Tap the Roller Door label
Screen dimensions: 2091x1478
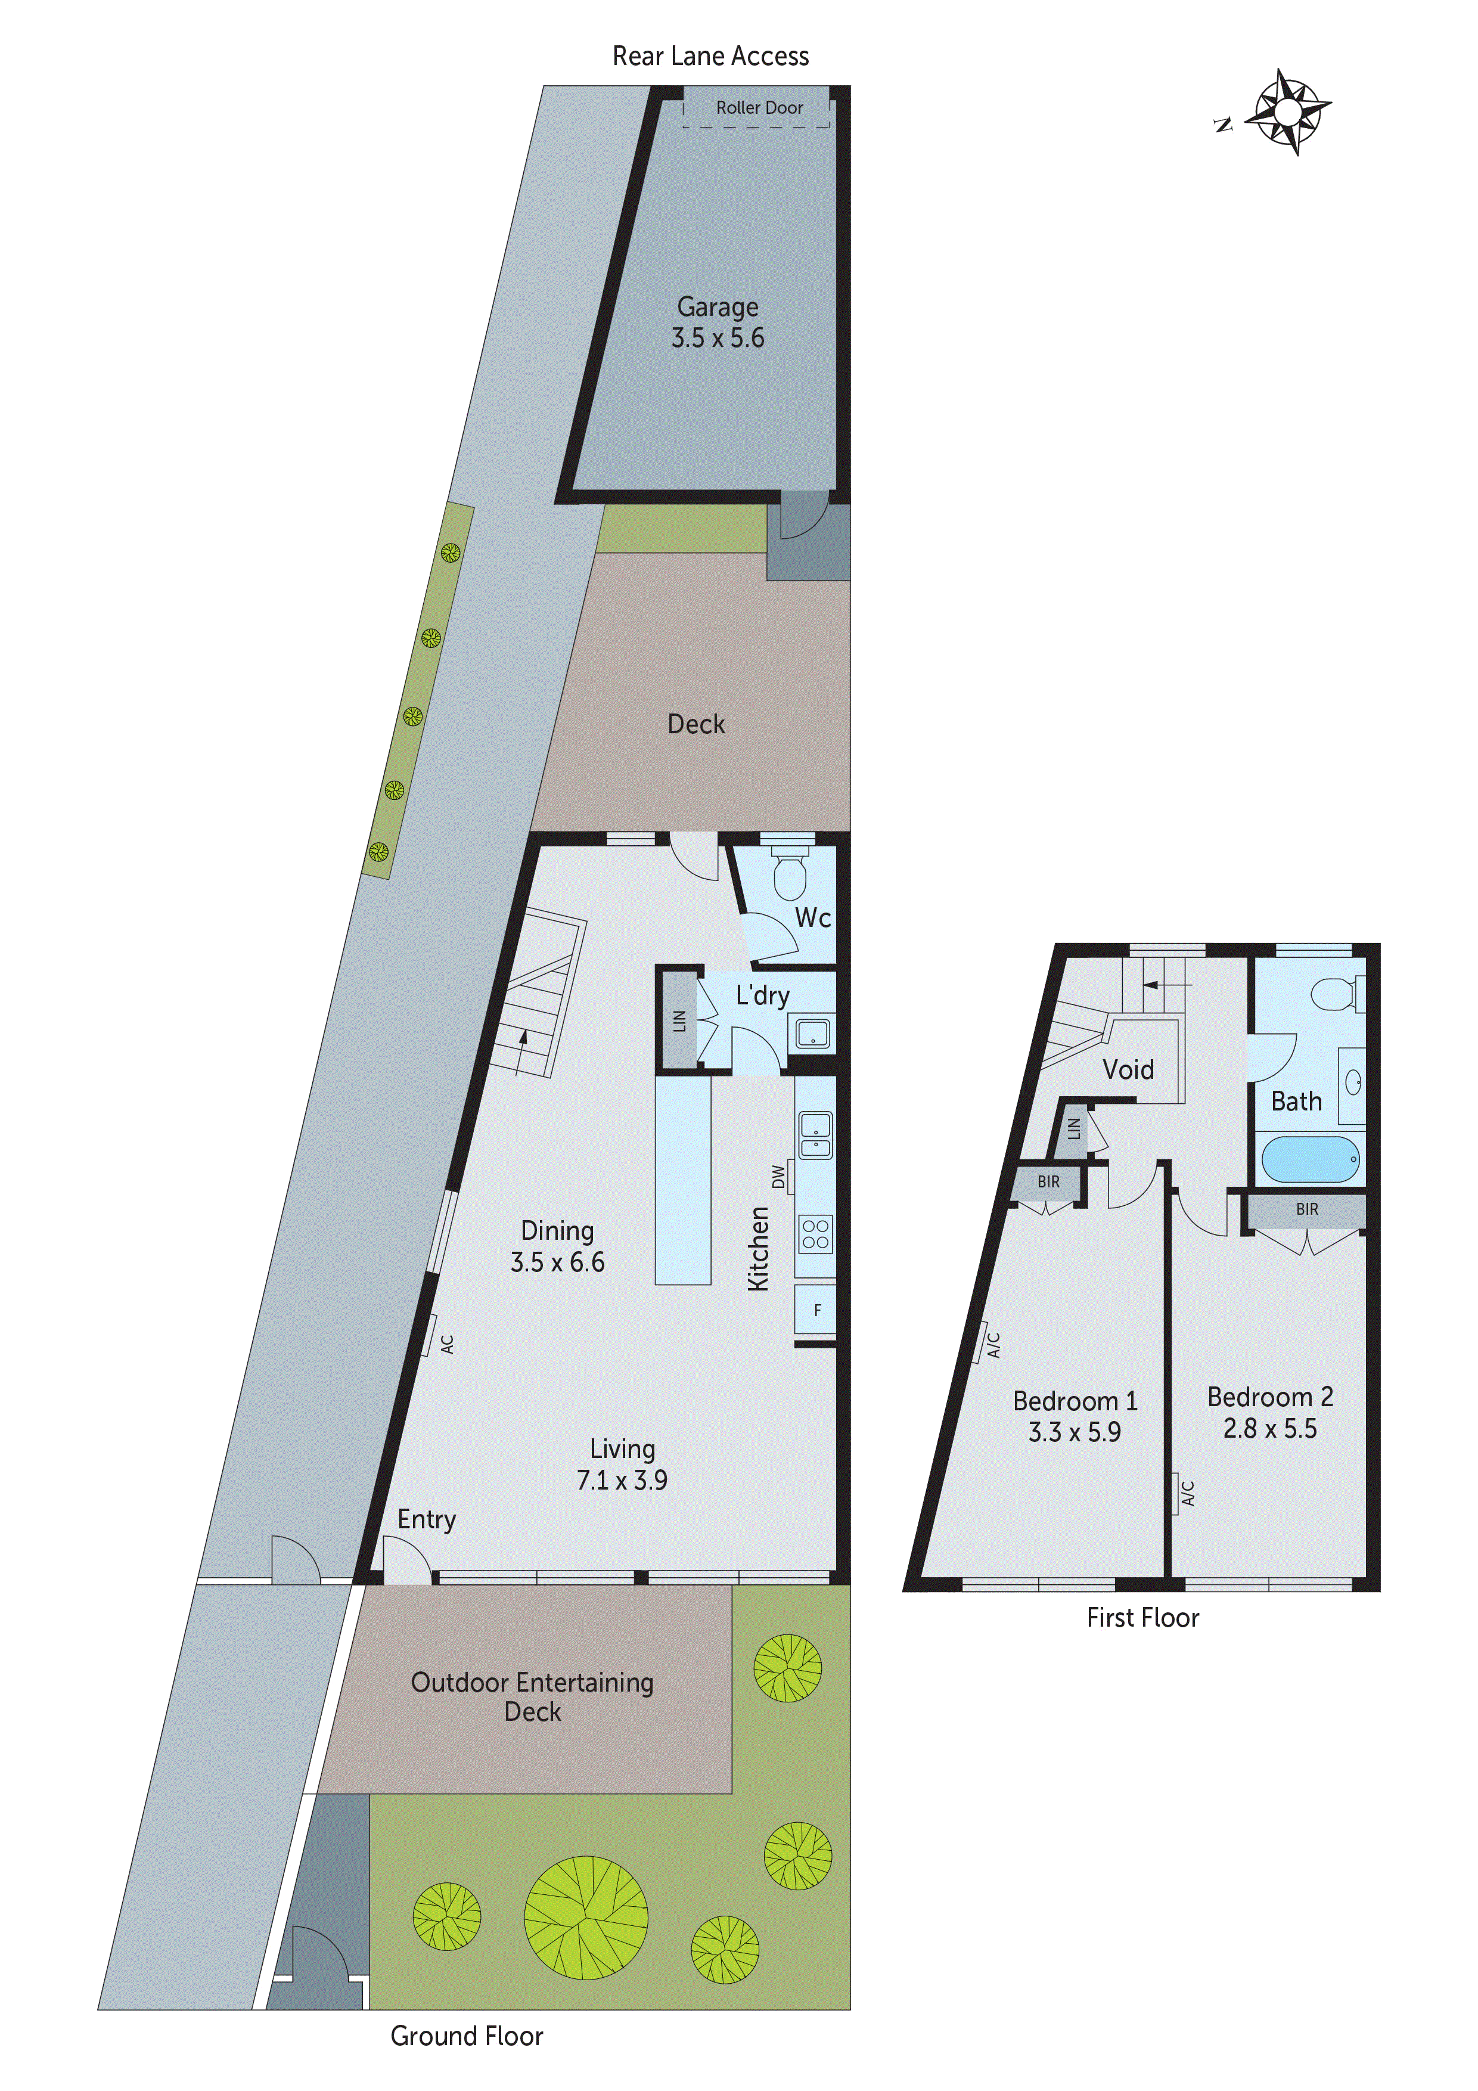(x=759, y=107)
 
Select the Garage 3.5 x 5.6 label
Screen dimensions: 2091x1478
(x=718, y=322)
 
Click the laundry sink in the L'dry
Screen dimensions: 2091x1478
(x=812, y=1034)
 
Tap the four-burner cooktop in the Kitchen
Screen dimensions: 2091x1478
(x=815, y=1234)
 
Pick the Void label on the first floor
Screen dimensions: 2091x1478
(x=1128, y=1069)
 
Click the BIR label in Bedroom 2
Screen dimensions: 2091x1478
(x=1307, y=1209)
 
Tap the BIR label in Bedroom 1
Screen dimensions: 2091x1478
(x=1048, y=1182)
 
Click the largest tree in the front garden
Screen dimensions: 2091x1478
(x=586, y=1916)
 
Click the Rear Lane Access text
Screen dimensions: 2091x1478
(x=710, y=57)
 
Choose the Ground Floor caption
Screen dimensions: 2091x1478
(x=466, y=2036)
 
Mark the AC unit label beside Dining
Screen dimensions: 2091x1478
(x=446, y=1344)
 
